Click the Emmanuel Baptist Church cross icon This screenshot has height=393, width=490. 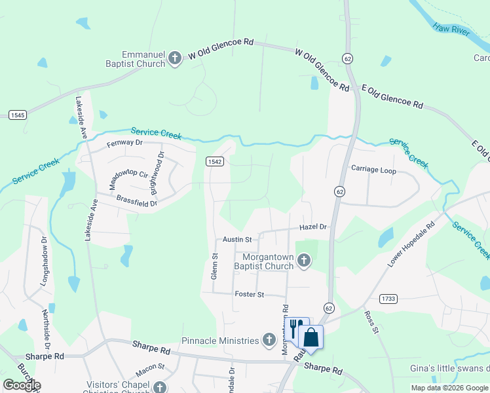(x=175, y=59)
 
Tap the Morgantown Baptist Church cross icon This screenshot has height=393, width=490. (x=303, y=261)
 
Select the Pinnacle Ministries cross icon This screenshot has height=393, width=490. (x=269, y=340)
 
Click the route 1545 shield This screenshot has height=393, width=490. (x=18, y=115)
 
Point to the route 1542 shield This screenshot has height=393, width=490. (x=214, y=161)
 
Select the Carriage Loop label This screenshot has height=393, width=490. (x=373, y=169)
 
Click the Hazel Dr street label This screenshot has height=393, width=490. (x=312, y=227)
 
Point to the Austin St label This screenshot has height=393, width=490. (x=237, y=240)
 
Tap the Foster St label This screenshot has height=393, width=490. (x=249, y=295)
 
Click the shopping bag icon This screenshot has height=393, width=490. (x=311, y=337)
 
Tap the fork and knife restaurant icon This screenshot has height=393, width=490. (x=296, y=327)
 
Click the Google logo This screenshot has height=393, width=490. (x=22, y=385)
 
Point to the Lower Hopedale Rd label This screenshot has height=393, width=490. (x=411, y=246)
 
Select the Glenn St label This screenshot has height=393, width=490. (x=214, y=267)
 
